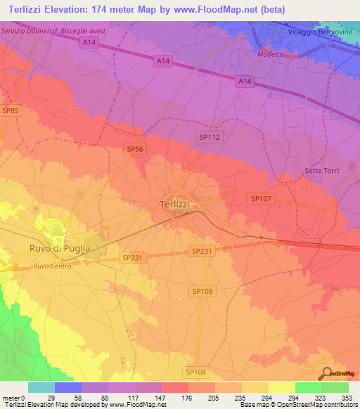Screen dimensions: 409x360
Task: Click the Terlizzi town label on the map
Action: pos(171,204)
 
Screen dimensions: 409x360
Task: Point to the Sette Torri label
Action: pos(321,171)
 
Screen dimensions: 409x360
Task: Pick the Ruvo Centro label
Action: pos(53,266)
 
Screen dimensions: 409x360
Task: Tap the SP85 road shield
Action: pos(10,110)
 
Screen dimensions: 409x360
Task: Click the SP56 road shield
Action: pos(134,148)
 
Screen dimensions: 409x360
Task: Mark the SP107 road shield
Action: pos(261,199)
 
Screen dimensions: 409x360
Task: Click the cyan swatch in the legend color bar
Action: pos(41,387)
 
